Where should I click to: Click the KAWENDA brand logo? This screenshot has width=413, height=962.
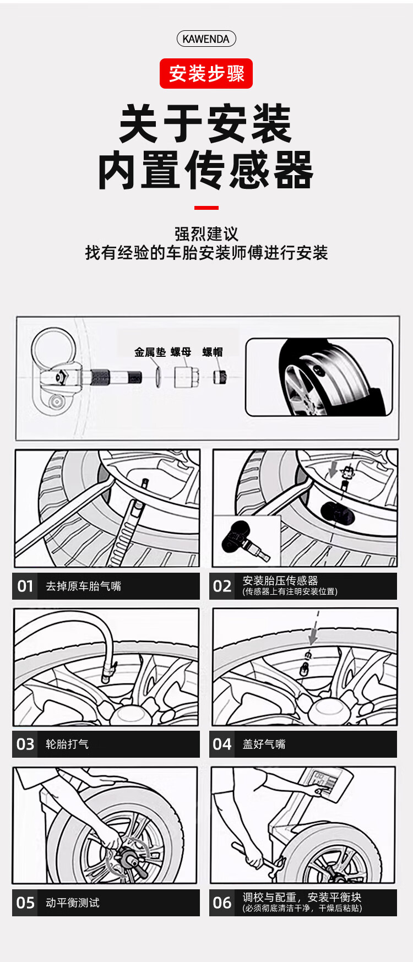206,39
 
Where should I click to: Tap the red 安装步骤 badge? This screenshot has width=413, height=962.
206,74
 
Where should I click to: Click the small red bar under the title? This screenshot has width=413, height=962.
206,208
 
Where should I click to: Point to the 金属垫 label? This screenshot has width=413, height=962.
150,352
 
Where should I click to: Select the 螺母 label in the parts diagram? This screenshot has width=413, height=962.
181,352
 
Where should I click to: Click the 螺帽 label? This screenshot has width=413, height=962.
213,352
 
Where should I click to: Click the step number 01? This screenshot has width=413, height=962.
25,586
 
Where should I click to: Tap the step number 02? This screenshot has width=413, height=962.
222,586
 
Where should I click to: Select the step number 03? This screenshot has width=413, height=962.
25,744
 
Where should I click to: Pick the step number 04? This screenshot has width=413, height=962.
222,744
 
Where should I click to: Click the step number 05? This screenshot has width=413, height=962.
25,903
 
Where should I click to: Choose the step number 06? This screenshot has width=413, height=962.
222,903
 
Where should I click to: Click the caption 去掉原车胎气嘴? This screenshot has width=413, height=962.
83,586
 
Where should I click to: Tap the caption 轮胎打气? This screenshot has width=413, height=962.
67,744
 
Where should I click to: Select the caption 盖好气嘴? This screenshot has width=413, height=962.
264,744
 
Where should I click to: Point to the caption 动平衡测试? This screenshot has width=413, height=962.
73,903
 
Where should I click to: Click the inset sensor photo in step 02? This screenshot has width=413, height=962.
247,541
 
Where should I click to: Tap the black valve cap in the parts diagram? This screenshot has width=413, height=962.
220,377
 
